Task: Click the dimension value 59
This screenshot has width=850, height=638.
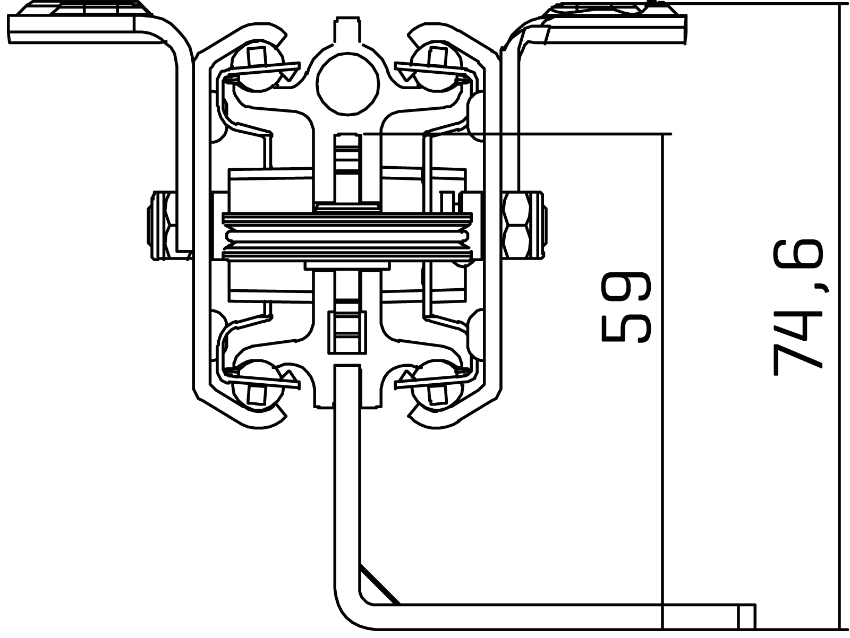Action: pyautogui.click(x=625, y=307)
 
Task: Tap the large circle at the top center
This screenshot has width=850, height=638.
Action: pyautogui.click(x=348, y=83)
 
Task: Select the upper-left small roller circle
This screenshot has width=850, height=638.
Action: pyautogui.click(x=257, y=65)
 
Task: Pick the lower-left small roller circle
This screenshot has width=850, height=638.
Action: pyautogui.click(x=257, y=385)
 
